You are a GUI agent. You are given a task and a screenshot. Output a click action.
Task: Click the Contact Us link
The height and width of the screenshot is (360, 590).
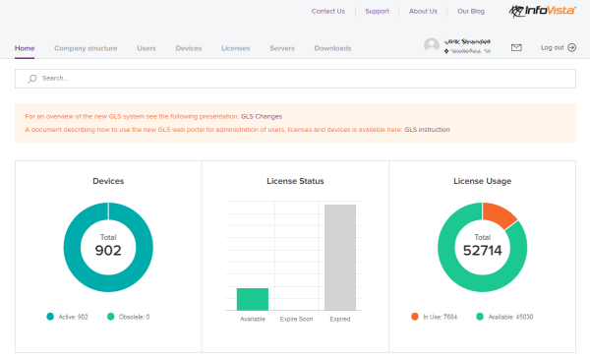coord(327,12)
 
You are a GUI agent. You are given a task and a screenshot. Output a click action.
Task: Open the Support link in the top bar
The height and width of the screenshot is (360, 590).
coord(377,12)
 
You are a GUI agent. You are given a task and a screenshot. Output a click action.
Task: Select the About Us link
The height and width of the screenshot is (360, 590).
coord(423,12)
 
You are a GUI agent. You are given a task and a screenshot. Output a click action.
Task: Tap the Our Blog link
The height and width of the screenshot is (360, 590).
coord(472,12)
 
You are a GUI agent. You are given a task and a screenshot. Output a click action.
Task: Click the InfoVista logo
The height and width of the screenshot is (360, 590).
coord(543,12)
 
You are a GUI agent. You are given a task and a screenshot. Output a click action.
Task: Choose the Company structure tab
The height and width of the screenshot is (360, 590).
coord(86,47)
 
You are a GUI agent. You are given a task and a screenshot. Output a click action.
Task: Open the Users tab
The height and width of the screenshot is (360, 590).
coord(147,47)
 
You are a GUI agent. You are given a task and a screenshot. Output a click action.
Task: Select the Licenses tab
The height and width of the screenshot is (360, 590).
coord(235,47)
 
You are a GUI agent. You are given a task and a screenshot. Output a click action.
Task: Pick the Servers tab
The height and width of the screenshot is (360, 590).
coord(281,47)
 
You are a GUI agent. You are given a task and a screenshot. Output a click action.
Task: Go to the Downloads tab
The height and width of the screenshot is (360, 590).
coord(332,47)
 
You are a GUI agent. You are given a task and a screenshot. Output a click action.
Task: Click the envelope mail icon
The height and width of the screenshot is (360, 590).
coord(516,47)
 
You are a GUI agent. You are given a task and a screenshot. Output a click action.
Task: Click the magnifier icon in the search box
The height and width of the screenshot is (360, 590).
coord(32,78)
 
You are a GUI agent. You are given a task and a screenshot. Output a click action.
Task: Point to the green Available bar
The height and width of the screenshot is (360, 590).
coord(253,299)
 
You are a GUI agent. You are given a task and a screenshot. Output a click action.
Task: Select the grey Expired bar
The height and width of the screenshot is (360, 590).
coord(339,258)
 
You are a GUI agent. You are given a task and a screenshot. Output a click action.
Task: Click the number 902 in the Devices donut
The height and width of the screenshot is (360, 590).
coord(108,251)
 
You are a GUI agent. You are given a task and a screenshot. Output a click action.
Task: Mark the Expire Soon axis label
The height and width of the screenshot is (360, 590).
coord(296,320)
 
